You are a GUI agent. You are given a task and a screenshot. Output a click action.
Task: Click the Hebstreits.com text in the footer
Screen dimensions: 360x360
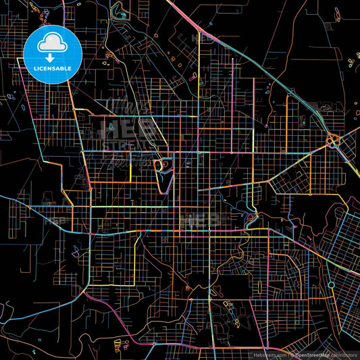pos(268,355)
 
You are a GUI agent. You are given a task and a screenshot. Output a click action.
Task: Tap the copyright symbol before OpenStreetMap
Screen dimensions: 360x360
pos(292,355)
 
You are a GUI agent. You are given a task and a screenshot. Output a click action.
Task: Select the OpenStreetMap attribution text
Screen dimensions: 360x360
pos(311,355)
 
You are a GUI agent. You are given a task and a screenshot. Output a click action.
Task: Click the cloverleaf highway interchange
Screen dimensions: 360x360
pos(332,142)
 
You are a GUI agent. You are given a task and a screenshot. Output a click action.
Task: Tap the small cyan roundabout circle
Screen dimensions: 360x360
pos(331,284)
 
